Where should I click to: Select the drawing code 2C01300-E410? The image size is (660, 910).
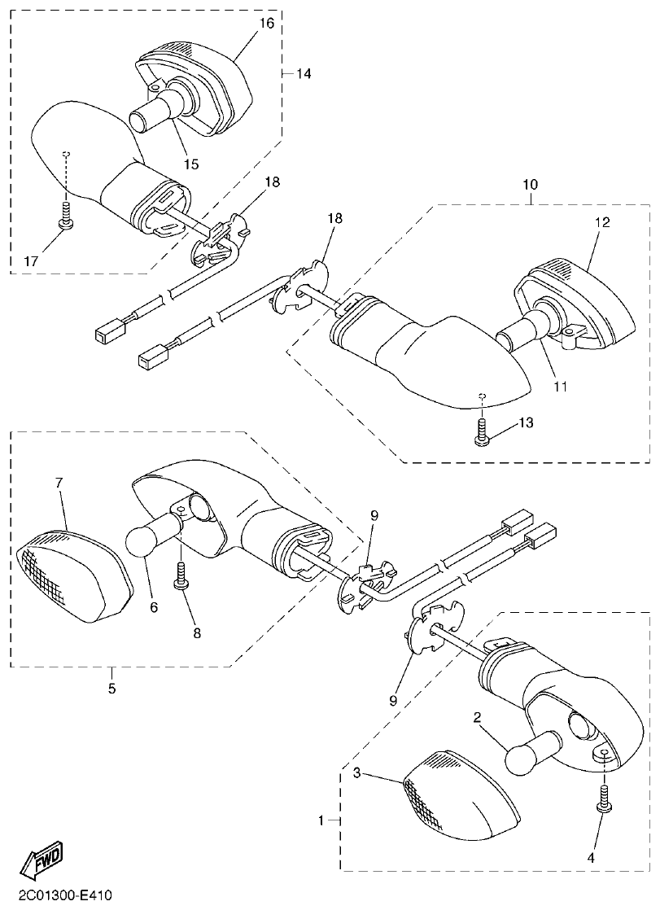[x=56, y=896]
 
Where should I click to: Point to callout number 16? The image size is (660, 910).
[x=267, y=23]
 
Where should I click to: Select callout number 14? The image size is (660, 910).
[x=303, y=73]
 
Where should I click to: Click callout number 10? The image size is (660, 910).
[x=529, y=186]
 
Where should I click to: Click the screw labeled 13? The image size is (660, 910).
[x=481, y=431]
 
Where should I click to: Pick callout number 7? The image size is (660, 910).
[x=59, y=483]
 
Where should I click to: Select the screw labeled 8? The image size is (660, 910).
[x=180, y=576]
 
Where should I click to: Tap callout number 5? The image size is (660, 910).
[x=111, y=689]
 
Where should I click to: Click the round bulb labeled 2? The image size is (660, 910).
[x=525, y=756]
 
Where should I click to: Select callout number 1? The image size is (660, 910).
[x=322, y=820]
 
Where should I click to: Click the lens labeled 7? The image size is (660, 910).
[x=73, y=573]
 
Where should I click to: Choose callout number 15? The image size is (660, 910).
[x=190, y=164]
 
